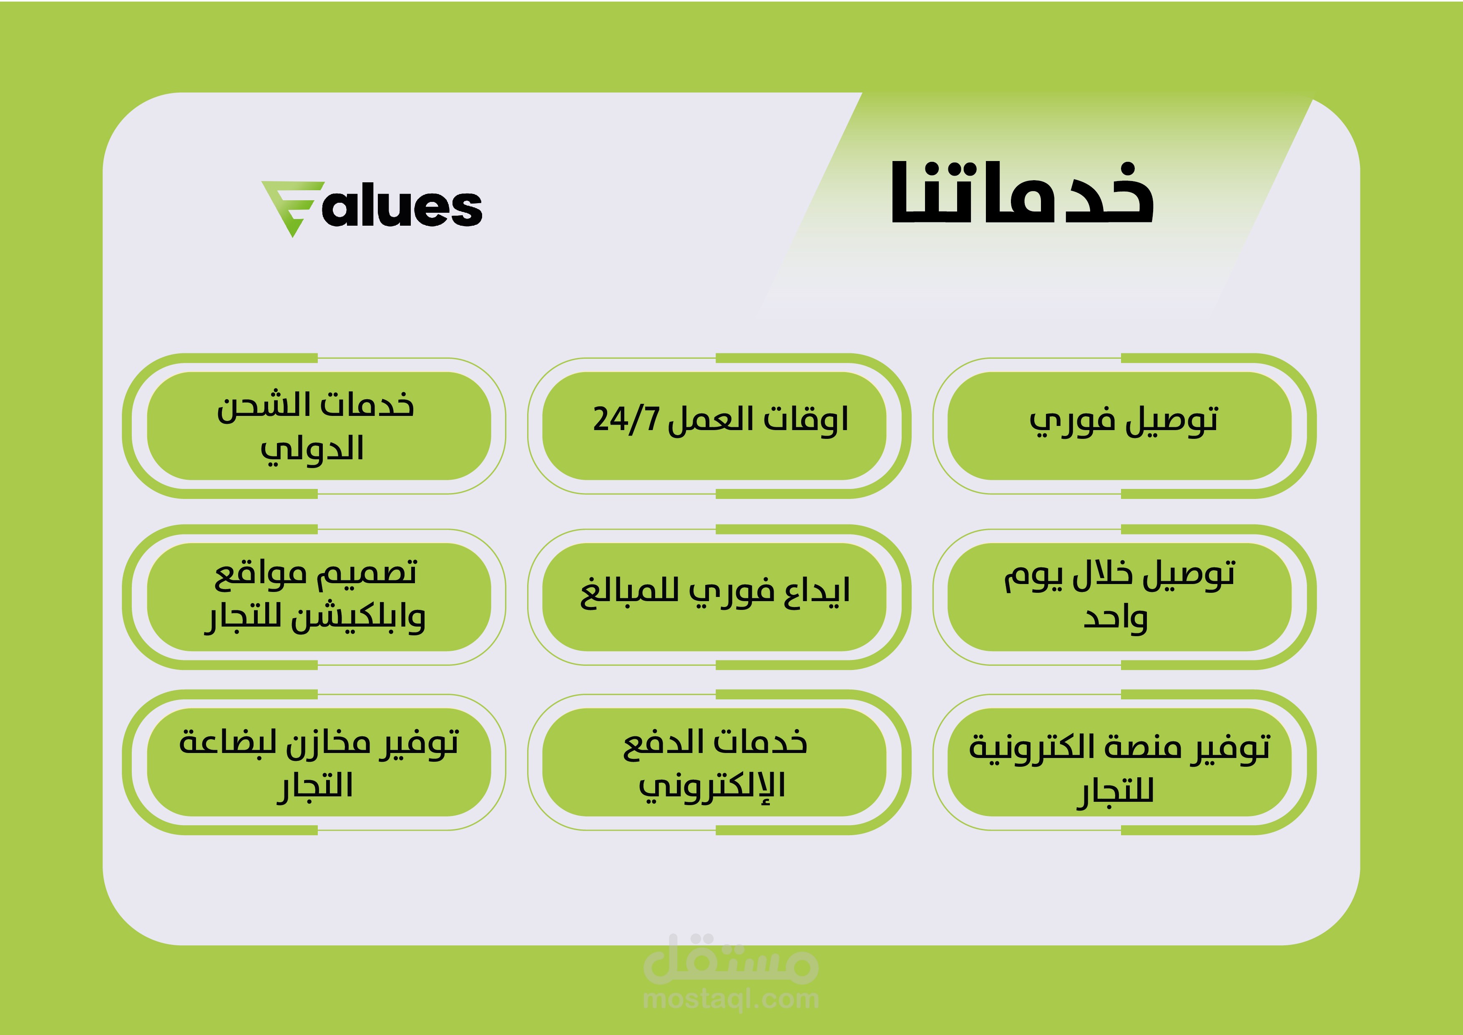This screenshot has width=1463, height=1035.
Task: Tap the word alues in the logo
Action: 402,208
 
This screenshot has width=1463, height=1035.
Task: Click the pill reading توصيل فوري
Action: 1119,426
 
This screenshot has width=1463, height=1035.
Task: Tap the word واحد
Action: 1115,619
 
